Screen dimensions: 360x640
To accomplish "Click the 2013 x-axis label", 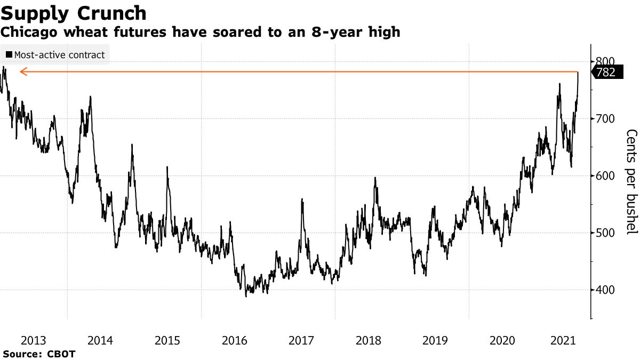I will click(x=34, y=340).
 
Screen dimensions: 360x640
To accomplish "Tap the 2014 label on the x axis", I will click(x=100, y=340).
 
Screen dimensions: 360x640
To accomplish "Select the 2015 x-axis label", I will click(x=167, y=340).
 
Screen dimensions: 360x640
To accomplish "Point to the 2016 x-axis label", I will click(x=234, y=340).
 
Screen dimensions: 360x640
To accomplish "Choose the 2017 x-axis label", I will click(x=301, y=340).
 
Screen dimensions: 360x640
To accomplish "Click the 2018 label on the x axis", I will click(x=368, y=340).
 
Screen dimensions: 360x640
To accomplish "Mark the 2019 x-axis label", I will click(x=435, y=340).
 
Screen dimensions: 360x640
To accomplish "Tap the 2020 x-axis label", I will click(x=502, y=340).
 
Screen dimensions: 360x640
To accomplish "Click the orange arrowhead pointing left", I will click(x=22, y=71).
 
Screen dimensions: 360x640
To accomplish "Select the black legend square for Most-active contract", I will click(x=9, y=54).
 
